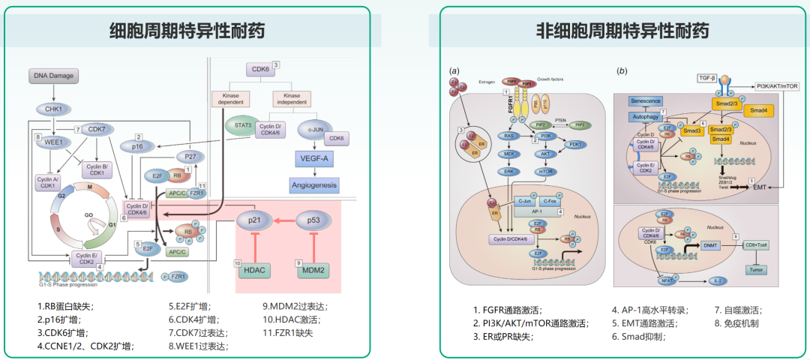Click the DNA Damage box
55,76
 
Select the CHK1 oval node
53,109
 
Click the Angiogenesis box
314,184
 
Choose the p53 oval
313,220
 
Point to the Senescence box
644,102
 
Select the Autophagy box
645,117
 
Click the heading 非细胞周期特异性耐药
622,31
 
